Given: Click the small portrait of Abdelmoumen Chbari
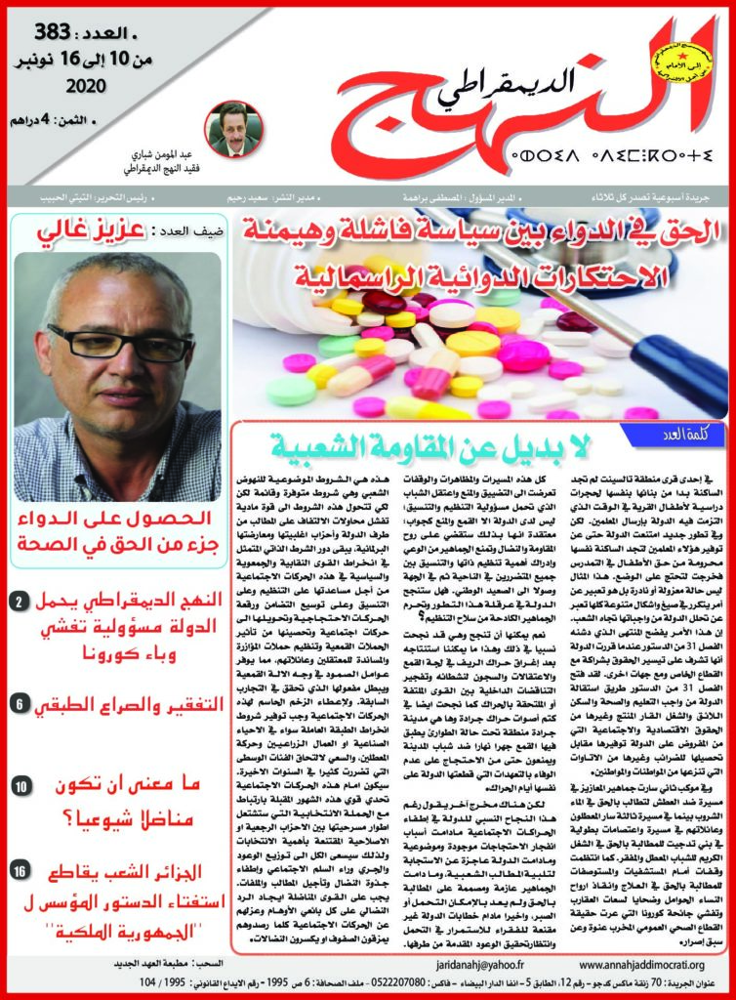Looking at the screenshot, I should coord(232,127).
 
